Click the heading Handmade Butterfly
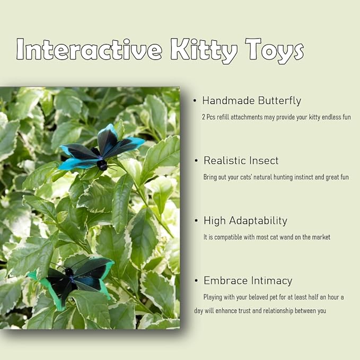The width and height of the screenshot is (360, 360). click(251, 101)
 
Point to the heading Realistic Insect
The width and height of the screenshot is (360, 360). click(241, 161)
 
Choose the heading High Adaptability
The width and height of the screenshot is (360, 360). click(245, 221)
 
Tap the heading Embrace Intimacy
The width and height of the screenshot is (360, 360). click(248, 281)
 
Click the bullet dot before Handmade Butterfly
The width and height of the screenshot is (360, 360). click(195, 101)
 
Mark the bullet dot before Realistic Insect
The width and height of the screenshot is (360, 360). click(197, 161)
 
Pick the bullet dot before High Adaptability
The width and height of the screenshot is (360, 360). click(197, 221)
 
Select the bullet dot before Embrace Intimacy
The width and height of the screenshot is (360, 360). click(197, 281)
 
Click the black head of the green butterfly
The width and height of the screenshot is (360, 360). click(69, 271)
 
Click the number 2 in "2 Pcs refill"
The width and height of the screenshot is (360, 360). click(204, 117)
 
